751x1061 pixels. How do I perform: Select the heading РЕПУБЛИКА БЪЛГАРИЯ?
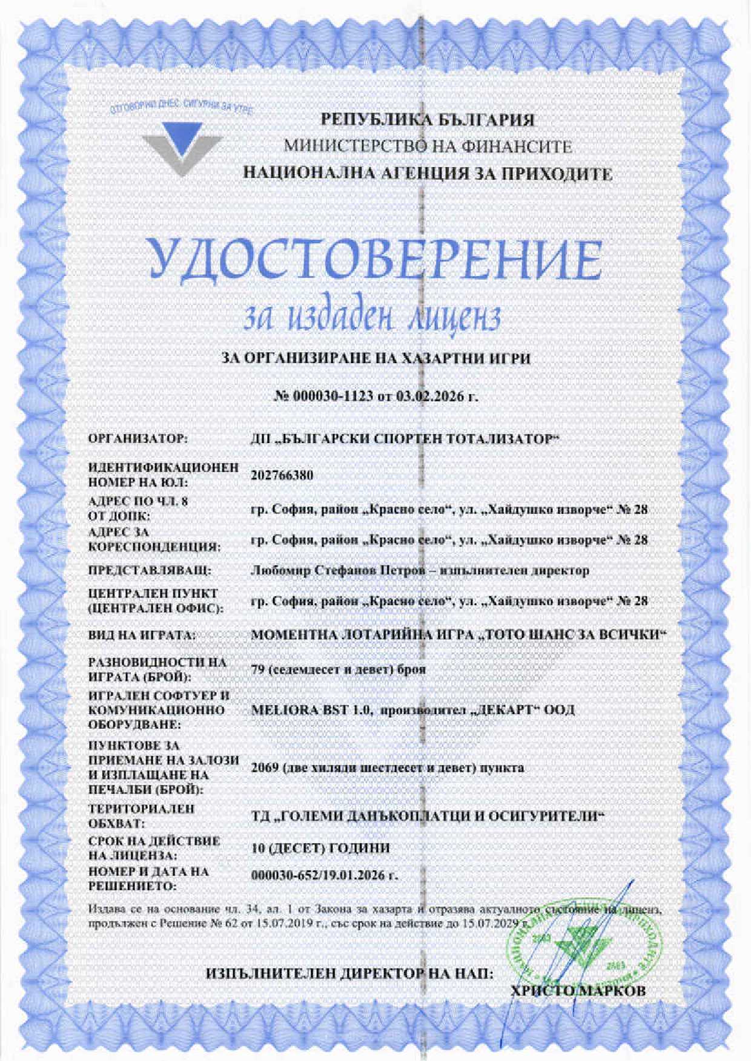pos(427,120)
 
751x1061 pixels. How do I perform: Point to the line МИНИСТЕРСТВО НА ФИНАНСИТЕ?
pos(428,146)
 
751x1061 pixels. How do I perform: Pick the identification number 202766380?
pos(282,475)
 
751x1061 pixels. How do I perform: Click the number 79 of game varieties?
pos(257,669)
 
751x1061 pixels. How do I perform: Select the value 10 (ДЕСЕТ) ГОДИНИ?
pos(320,848)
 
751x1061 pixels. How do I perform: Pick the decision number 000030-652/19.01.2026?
pos(324,876)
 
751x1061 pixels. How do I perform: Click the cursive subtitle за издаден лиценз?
pos(371,317)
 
